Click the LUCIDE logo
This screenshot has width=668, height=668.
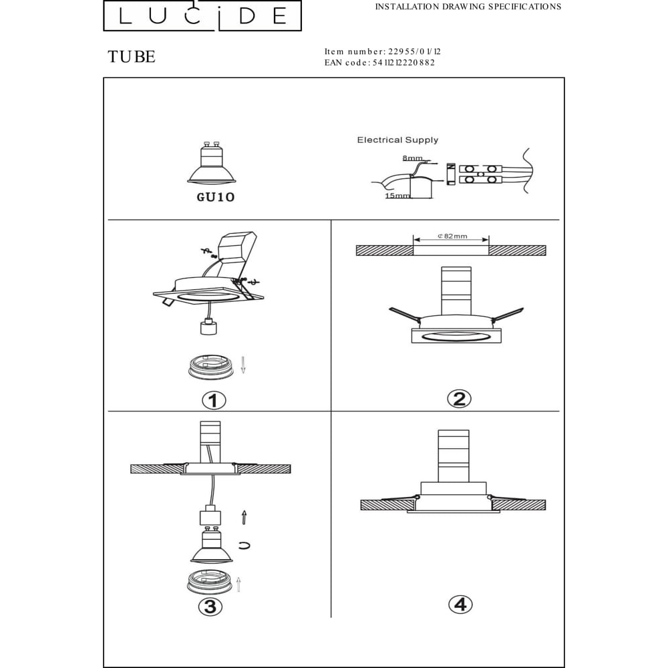tap(202, 15)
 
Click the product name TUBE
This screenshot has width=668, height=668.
tap(132, 57)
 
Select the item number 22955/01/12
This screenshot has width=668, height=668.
tap(415, 51)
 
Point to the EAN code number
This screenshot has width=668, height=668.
tap(403, 63)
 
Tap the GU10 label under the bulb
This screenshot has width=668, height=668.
tap(216, 197)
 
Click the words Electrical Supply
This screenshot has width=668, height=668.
tap(397, 140)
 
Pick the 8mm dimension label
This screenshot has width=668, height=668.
tap(412, 158)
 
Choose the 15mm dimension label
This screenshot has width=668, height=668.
tap(397, 196)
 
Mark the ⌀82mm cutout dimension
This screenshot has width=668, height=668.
tap(452, 236)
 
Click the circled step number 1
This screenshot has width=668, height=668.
tap(214, 400)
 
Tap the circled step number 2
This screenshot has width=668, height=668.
tap(460, 399)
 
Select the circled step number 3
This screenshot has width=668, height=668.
tap(210, 607)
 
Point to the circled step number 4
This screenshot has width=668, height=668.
tap(460, 605)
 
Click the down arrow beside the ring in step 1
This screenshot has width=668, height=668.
tap(243, 365)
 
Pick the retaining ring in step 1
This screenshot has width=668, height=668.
tap(210, 367)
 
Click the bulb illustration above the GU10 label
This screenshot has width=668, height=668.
tap(211, 164)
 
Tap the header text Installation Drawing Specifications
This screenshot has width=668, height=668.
tap(468, 7)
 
